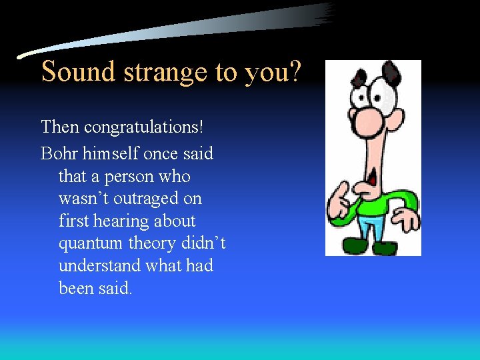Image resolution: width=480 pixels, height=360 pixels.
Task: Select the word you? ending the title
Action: pos(273,72)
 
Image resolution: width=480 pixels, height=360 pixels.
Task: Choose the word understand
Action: pos(99,266)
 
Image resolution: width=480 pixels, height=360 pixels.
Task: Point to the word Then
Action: pos(58,126)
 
